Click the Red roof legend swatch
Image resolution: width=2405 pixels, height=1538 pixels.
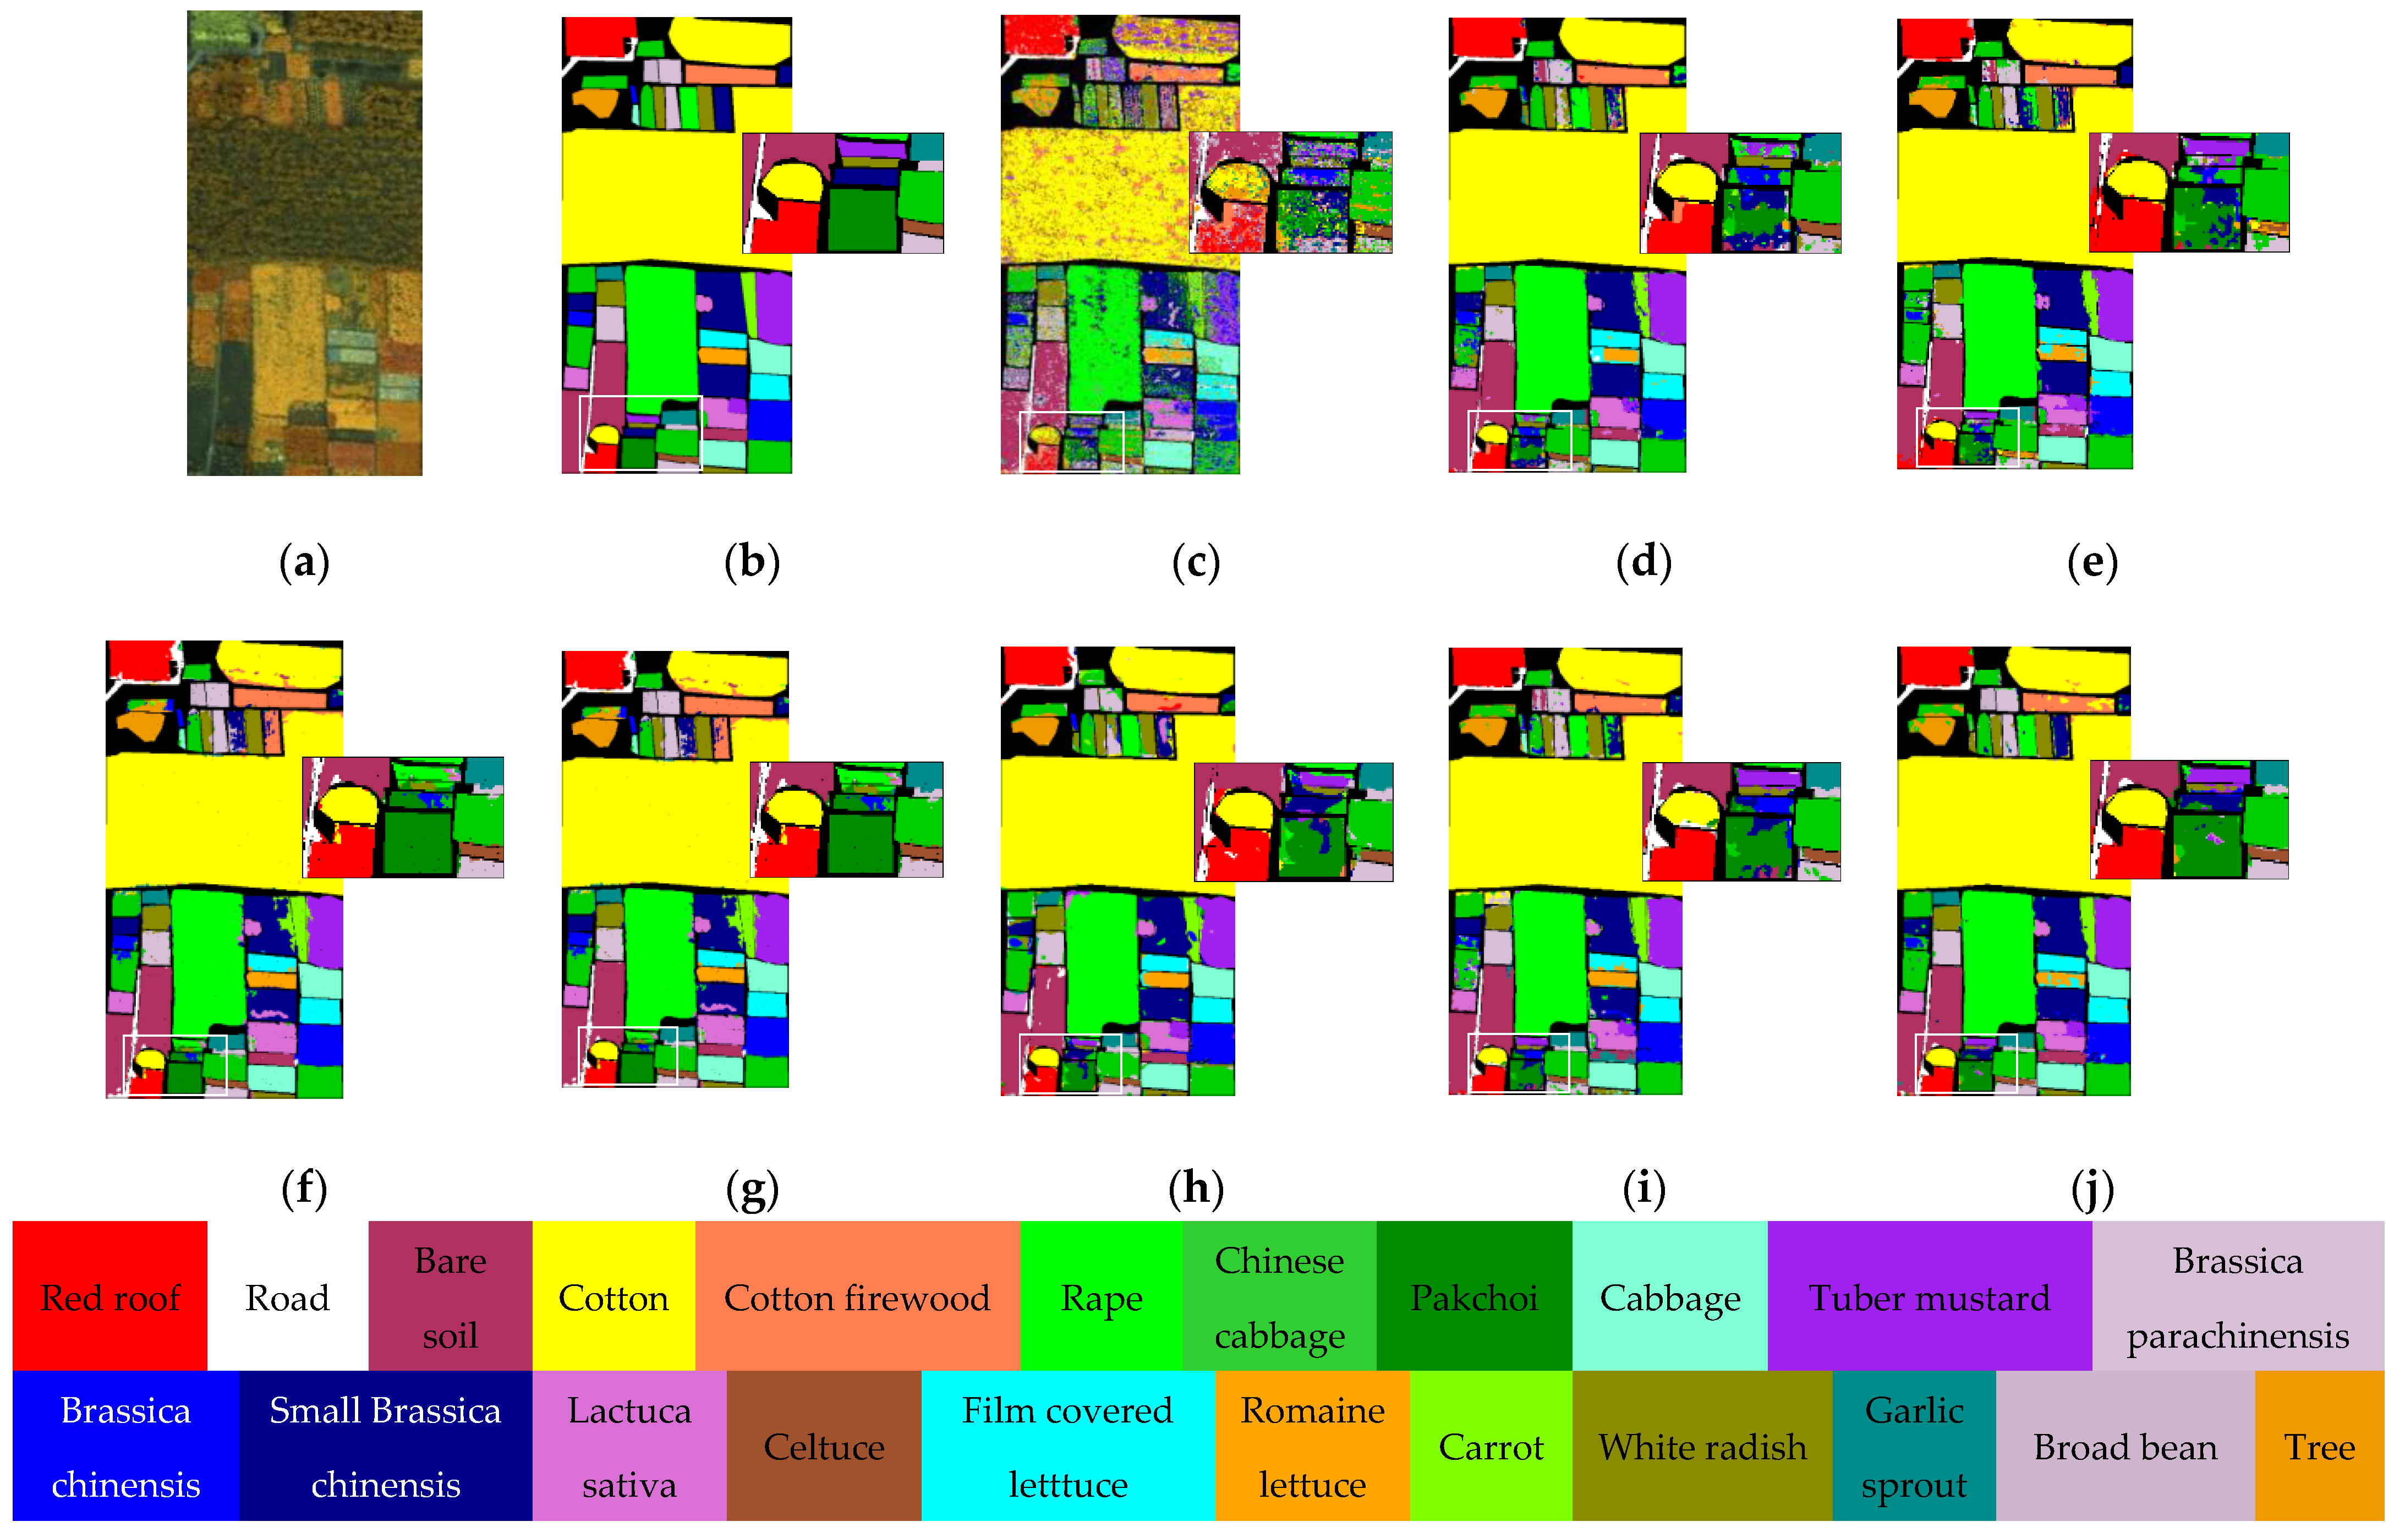(x=110, y=1296)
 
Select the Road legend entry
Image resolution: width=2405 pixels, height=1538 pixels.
(x=288, y=1296)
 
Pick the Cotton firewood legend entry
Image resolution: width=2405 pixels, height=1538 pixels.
(x=856, y=1296)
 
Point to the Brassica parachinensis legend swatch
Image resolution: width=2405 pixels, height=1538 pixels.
(x=2237, y=1296)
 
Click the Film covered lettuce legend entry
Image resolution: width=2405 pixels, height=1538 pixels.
(x=1067, y=1446)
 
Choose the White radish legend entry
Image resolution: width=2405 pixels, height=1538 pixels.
(x=1702, y=1446)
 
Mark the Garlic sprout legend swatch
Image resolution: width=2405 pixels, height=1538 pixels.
(x=1914, y=1446)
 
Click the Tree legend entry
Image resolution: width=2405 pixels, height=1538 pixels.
(x=2319, y=1446)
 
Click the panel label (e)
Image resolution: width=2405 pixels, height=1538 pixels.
(x=2091, y=562)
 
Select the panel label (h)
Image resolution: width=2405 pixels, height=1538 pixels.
(x=1196, y=1189)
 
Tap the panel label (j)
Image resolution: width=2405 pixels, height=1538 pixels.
(x=2091, y=1189)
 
